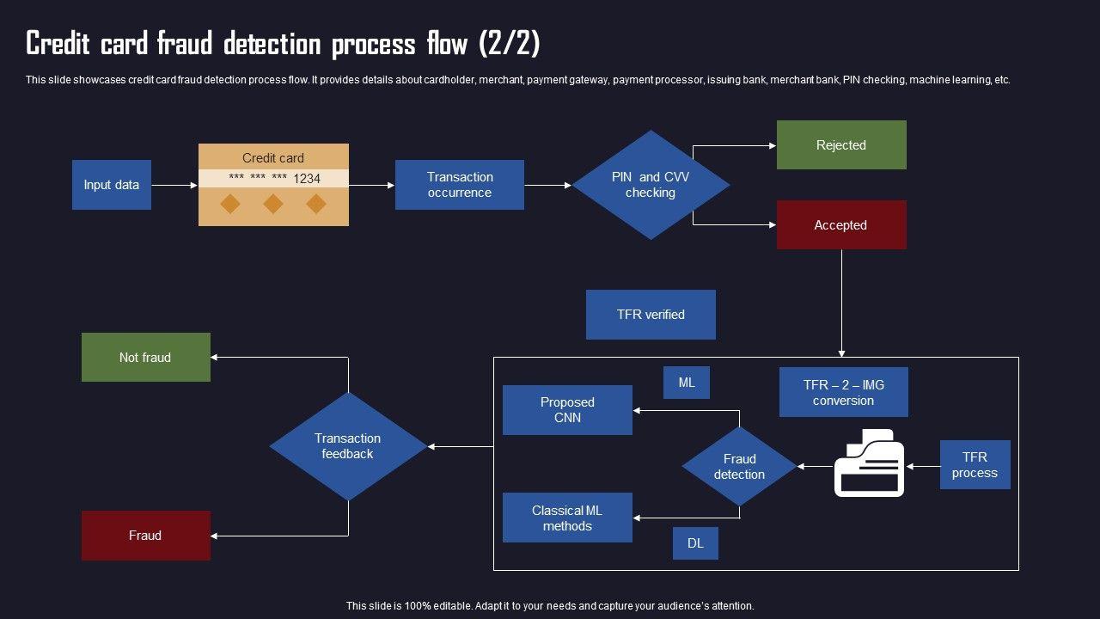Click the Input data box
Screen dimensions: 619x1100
pyautogui.click(x=112, y=185)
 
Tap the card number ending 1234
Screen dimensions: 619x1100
pyautogui.click(x=274, y=179)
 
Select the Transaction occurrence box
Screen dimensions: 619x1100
pyautogui.click(x=460, y=185)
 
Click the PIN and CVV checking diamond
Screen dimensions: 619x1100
pyautogui.click(x=651, y=185)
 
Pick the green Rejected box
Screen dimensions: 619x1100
pyautogui.click(x=841, y=145)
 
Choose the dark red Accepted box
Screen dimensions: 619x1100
pyautogui.click(x=841, y=225)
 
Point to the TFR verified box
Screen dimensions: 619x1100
pyautogui.click(x=651, y=315)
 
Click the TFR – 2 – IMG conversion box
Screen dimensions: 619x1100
pyautogui.click(x=843, y=393)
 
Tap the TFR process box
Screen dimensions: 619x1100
pyautogui.click(x=975, y=465)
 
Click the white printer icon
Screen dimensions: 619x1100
pyautogui.click(x=869, y=464)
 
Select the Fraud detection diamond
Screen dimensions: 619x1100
pyautogui.click(x=739, y=467)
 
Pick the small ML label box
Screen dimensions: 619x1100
pyautogui.click(x=687, y=383)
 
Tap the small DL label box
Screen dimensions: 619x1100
pyautogui.click(x=695, y=543)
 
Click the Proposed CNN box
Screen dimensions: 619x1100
pyautogui.click(x=567, y=410)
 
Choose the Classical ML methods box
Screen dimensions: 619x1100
pyautogui.click(x=567, y=518)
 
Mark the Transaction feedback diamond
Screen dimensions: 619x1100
pyautogui.click(x=348, y=446)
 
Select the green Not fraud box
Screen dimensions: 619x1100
pyautogui.click(x=145, y=358)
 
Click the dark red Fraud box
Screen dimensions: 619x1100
pyautogui.click(x=145, y=536)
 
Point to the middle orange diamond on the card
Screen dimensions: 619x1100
pyautogui.click(x=273, y=204)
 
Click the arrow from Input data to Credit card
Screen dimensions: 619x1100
pyautogui.click(x=174, y=185)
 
